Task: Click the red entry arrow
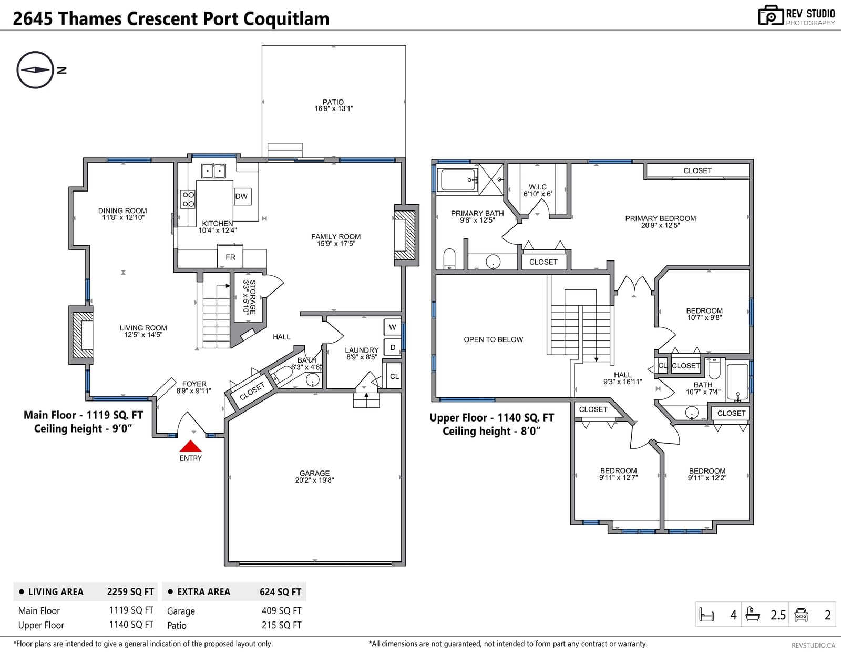point(190,446)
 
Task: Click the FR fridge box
point(230,256)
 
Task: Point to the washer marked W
point(393,327)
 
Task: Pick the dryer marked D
point(393,347)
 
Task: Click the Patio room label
point(333,102)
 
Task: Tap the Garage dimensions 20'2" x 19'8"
point(314,480)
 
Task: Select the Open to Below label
point(494,339)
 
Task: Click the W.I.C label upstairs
point(538,187)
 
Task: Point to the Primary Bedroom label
point(661,218)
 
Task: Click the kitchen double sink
point(213,171)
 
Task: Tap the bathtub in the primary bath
point(458,180)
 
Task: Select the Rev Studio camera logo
point(771,15)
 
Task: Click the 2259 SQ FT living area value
point(130,591)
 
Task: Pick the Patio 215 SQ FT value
point(281,625)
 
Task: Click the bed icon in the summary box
point(707,615)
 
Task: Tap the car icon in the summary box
point(801,615)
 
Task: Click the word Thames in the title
point(90,18)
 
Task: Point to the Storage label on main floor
point(252,297)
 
